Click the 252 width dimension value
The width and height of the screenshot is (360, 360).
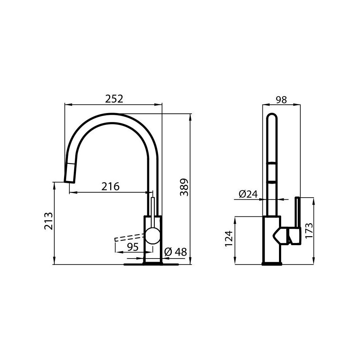pyautogui.click(x=114, y=99)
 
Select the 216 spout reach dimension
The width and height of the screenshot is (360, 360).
pyautogui.click(x=111, y=186)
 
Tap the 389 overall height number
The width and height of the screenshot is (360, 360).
pyautogui.click(x=184, y=187)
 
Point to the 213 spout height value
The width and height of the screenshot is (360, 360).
pyautogui.click(x=49, y=221)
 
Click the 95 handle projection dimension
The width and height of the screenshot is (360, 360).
pyautogui.click(x=134, y=247)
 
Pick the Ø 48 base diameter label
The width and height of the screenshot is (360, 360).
pyautogui.click(x=175, y=252)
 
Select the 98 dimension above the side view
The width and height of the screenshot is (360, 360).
pyautogui.click(x=281, y=100)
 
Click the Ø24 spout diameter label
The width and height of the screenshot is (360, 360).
pyautogui.click(x=248, y=194)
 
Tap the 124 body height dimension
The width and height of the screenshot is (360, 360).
pyautogui.click(x=229, y=238)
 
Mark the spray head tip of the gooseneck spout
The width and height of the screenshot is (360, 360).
pyautogui.click(x=70, y=174)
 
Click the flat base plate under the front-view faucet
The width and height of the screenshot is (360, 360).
pyautogui.click(x=151, y=265)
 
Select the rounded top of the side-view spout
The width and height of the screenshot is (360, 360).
pyautogui.click(x=273, y=119)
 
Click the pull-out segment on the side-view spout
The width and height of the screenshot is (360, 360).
pyautogui.click(x=273, y=173)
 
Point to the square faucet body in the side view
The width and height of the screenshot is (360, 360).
pyautogui.click(x=272, y=239)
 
